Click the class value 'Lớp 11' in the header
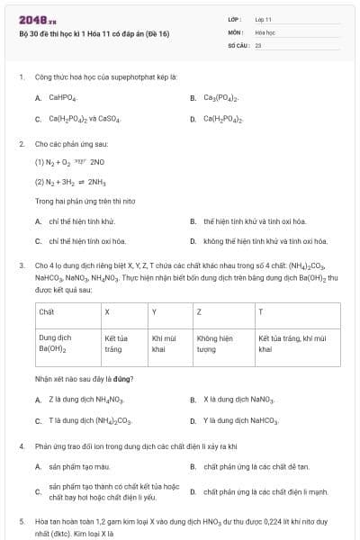click(x=263, y=19)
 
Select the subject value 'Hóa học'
click(x=265, y=31)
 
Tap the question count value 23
click(x=258, y=44)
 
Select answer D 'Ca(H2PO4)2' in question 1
click(x=220, y=118)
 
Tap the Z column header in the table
click(x=199, y=311)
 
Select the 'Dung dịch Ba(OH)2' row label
click(x=56, y=343)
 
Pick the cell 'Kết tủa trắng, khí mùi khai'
click(x=284, y=343)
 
